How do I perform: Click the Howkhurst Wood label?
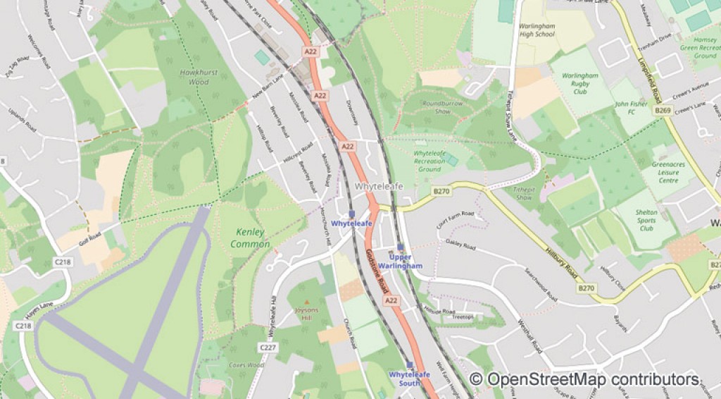pyautogui.click(x=199, y=77)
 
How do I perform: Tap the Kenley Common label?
pyautogui.click(x=250, y=238)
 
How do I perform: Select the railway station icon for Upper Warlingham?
pyautogui.click(x=401, y=247)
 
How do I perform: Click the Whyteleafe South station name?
pyautogui.click(x=409, y=379)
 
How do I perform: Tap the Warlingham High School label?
pyautogui.click(x=537, y=30)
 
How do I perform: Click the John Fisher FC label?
pyautogui.click(x=631, y=108)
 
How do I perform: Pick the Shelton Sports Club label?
pyautogui.click(x=646, y=220)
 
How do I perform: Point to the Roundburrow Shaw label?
pyautogui.click(x=443, y=107)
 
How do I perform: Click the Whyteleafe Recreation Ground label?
pyautogui.click(x=430, y=161)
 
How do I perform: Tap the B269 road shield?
pyautogui.click(x=662, y=111)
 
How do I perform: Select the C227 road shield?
pyautogui.click(x=268, y=348)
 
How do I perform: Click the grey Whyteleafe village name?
pyautogui.click(x=379, y=187)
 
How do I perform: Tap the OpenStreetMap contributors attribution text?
pyautogui.click(x=584, y=379)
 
